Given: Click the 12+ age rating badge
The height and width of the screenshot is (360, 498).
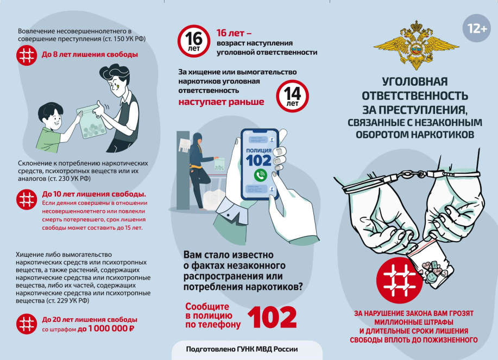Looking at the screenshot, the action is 477,28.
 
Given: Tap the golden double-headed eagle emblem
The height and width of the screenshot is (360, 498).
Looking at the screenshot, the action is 416,45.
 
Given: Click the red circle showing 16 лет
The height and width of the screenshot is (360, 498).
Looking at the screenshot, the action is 194,41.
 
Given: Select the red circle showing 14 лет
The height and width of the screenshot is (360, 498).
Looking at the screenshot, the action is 292,96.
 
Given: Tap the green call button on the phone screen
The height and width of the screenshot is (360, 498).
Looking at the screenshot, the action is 261,175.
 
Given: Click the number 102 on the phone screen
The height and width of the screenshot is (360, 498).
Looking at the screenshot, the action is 259,160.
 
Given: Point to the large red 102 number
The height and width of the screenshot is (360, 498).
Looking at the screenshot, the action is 272,317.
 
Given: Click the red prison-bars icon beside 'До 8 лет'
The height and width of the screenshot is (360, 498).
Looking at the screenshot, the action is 27,55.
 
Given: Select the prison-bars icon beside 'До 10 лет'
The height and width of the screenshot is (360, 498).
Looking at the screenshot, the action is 27,200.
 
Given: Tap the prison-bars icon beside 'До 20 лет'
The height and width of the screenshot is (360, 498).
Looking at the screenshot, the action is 27,324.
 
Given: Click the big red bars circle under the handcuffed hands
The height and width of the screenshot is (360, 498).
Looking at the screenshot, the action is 400,280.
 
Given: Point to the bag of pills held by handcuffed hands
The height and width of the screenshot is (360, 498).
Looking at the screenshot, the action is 431,263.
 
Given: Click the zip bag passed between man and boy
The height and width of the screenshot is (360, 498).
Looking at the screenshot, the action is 91,122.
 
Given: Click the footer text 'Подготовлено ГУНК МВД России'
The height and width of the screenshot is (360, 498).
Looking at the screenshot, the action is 242,349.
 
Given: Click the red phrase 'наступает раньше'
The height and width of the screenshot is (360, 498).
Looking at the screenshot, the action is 221,102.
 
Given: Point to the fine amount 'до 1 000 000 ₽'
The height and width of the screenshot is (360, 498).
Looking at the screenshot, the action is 106,329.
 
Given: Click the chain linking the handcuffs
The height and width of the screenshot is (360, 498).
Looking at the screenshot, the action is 413,174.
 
